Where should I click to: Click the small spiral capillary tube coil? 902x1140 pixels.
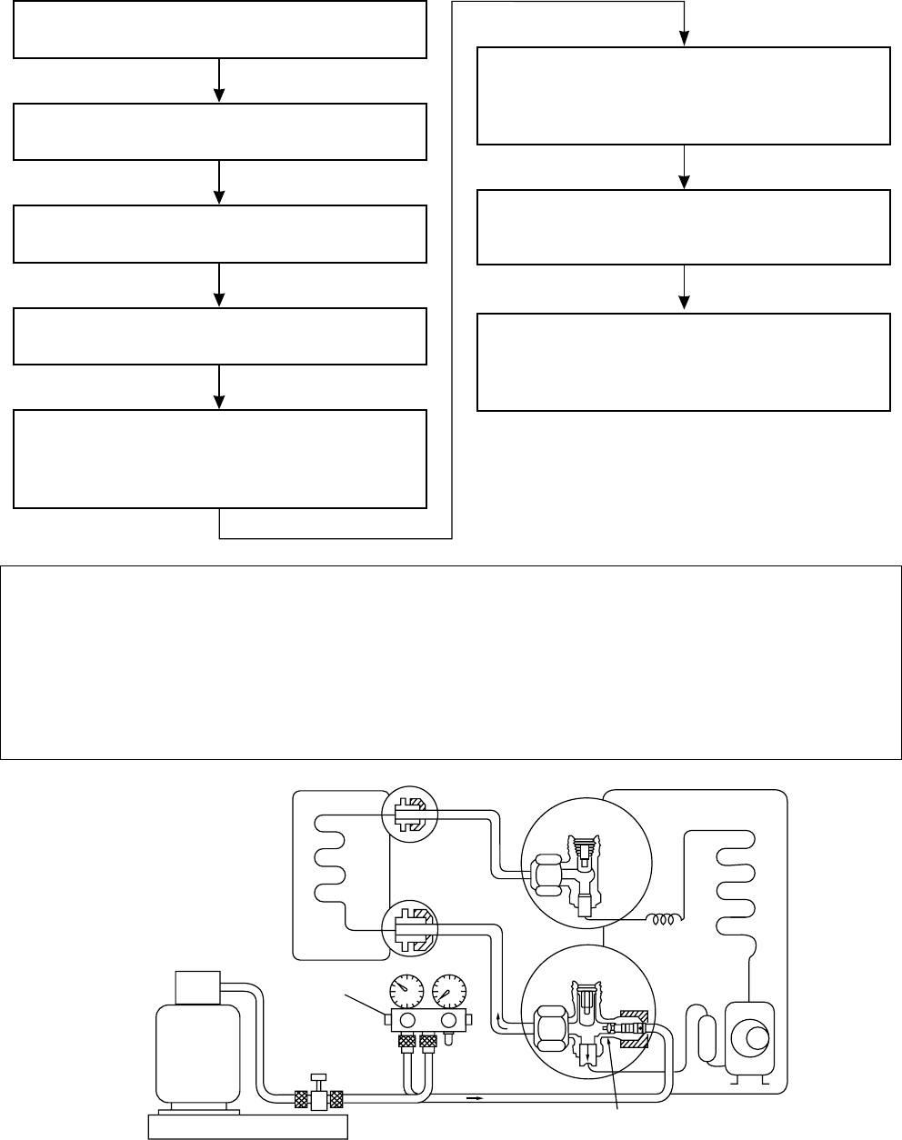[661, 920]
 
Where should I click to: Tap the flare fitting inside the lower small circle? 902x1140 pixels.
[409, 927]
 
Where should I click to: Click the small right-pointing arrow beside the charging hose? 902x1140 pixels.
[474, 1097]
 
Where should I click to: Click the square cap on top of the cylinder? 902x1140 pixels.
[198, 987]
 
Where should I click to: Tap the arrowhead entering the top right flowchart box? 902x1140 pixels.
[684, 38]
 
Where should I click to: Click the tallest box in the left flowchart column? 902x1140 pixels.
[219, 458]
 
